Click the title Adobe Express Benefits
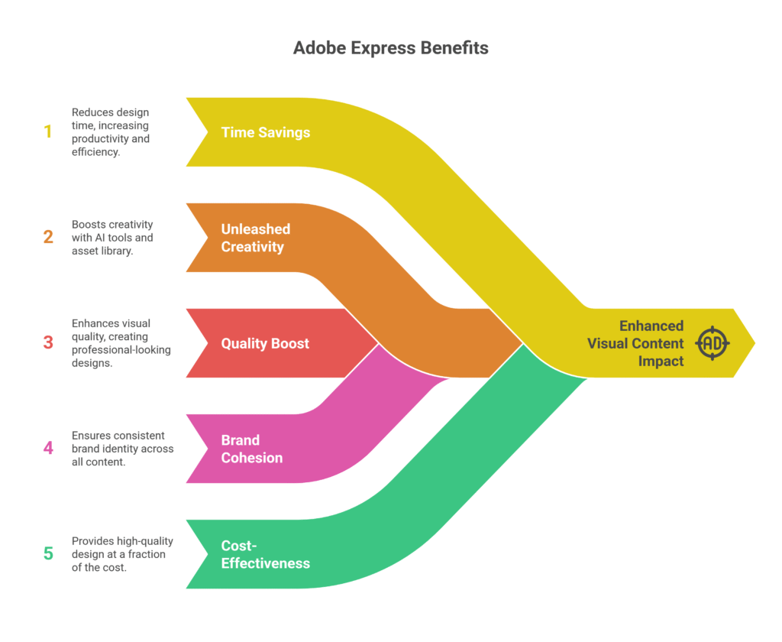(x=390, y=48)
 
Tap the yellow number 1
(x=48, y=131)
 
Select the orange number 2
(x=48, y=237)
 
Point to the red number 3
(x=48, y=342)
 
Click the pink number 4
(x=48, y=448)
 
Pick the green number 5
(x=48, y=553)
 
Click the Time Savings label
(x=265, y=132)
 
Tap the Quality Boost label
(x=265, y=343)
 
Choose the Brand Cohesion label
(x=251, y=449)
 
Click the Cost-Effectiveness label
(x=265, y=554)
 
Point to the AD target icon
(x=712, y=343)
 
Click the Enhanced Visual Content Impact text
(x=635, y=343)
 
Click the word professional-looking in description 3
(x=121, y=350)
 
